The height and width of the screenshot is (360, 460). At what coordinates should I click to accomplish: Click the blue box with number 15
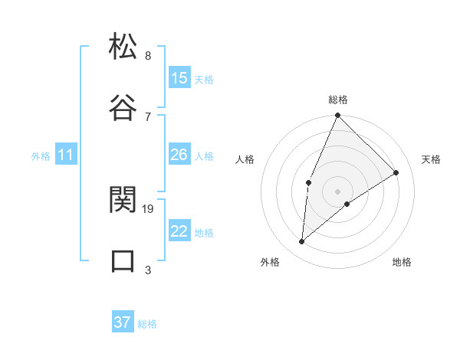click(179, 78)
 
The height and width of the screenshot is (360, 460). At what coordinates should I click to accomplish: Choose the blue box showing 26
click(179, 155)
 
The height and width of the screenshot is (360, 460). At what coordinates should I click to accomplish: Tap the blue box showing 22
click(179, 231)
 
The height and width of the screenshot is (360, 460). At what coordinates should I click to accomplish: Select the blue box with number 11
click(66, 155)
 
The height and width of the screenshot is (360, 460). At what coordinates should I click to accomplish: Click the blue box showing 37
click(123, 322)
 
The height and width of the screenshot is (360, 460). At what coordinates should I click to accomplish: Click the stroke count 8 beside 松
click(147, 55)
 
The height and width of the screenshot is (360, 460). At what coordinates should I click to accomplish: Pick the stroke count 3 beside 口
click(147, 270)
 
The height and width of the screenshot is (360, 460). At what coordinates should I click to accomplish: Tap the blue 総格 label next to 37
click(147, 324)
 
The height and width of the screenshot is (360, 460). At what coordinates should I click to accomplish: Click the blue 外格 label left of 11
click(41, 156)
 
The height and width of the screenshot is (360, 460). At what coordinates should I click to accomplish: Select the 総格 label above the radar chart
click(338, 100)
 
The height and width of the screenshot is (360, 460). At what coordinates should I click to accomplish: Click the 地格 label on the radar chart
click(402, 262)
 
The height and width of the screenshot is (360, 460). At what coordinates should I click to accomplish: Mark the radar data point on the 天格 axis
click(396, 172)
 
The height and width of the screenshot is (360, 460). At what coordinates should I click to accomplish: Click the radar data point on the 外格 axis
click(302, 242)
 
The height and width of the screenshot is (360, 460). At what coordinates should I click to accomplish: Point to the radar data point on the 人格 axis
click(308, 182)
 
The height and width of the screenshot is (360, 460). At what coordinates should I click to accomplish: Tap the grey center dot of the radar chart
click(338, 191)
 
